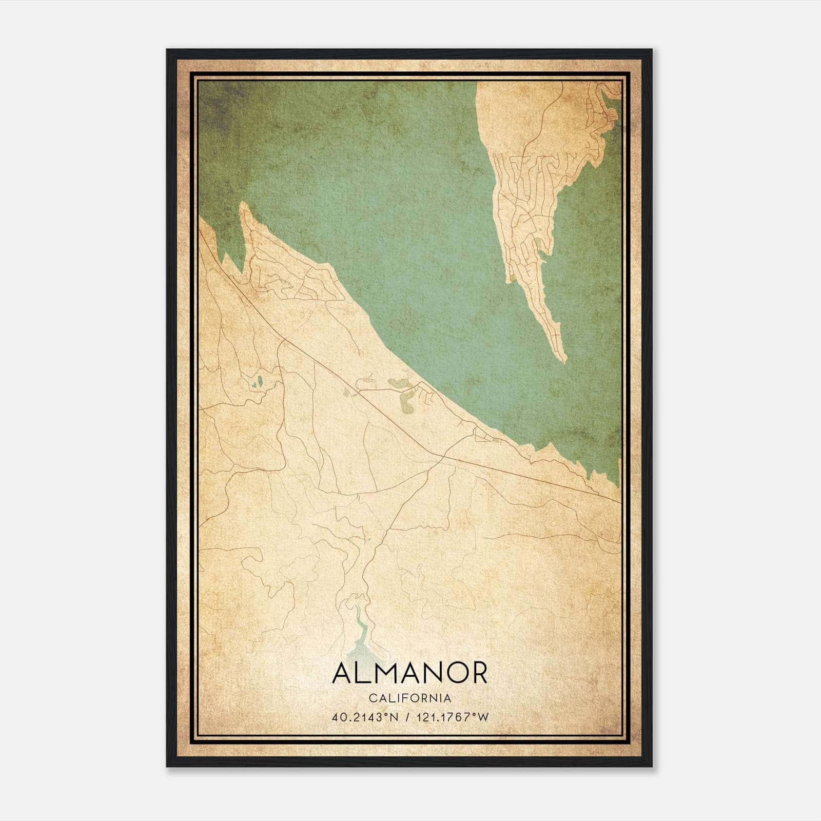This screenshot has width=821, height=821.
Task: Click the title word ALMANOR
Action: [409, 673]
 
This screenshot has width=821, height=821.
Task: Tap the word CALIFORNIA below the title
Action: [409, 698]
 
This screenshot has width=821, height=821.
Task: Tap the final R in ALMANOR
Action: [478, 673]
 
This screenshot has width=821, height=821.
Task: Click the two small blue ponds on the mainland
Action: [258, 382]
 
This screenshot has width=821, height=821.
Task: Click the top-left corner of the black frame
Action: [168, 50]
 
